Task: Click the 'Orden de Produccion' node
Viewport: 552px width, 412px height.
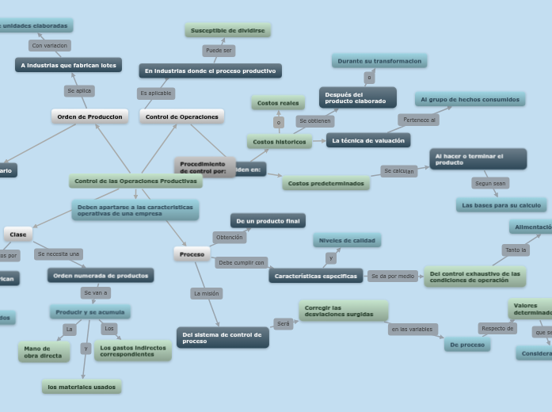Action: [89, 116]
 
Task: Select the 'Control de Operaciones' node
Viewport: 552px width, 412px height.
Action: [181, 116]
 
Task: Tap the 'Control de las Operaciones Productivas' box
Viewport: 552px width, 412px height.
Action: [135, 181]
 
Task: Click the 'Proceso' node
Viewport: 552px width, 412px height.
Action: [192, 254]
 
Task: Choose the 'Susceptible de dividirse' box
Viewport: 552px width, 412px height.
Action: [228, 30]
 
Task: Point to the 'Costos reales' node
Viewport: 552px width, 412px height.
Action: [278, 103]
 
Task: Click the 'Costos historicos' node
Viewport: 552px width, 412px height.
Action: [279, 142]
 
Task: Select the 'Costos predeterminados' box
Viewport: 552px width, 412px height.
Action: [325, 183]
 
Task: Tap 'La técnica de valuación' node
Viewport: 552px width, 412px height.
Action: [368, 140]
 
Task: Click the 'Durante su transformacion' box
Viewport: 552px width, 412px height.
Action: [379, 61]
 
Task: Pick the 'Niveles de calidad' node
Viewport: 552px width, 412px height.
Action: [347, 240]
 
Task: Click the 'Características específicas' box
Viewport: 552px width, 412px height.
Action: [315, 276]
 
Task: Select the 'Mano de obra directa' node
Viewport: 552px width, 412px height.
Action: [44, 352]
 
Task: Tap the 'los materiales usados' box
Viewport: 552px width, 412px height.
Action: [82, 387]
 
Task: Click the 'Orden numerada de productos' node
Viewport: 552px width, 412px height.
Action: [101, 276]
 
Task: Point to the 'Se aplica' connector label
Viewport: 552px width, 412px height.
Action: [79, 91]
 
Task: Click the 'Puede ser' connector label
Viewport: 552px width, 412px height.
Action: [218, 51]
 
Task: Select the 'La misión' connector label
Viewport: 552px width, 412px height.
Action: [206, 293]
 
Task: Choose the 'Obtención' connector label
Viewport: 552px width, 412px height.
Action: [229, 237]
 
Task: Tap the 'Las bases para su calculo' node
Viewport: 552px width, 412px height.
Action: [501, 205]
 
